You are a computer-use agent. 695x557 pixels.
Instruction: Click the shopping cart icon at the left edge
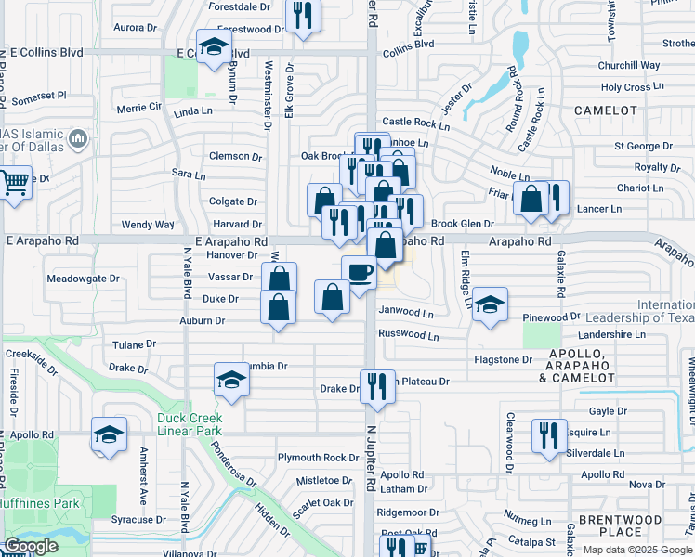tap(14, 182)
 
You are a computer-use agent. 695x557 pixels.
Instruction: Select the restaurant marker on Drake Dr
tap(376, 385)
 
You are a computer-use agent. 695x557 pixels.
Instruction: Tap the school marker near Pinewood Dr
tap(489, 304)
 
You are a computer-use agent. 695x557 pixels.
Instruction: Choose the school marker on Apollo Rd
tap(109, 434)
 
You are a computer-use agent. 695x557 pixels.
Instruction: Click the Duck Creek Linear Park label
tap(190, 425)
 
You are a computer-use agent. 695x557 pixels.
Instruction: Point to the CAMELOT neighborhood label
tap(606, 110)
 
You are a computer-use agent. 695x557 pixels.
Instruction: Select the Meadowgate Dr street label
tap(84, 278)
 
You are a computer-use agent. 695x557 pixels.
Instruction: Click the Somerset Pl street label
tap(39, 96)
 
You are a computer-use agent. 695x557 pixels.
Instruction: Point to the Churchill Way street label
tap(629, 66)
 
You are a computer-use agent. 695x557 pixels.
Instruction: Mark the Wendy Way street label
tap(148, 225)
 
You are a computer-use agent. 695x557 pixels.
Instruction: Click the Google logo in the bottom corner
tap(31, 546)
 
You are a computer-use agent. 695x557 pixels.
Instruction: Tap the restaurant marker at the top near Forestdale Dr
tap(302, 16)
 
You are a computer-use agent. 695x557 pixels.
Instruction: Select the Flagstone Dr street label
tap(503, 359)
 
